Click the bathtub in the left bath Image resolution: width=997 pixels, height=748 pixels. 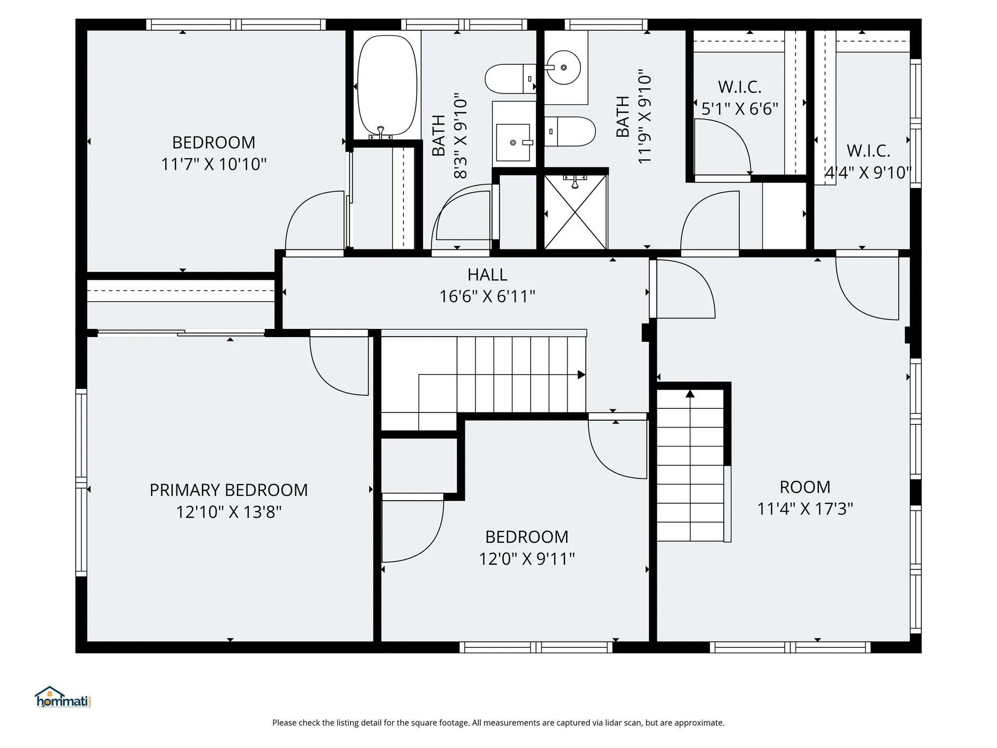387,86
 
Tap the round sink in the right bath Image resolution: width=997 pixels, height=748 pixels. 564,67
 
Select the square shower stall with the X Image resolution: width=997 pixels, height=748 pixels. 575,212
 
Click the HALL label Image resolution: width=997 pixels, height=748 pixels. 487,275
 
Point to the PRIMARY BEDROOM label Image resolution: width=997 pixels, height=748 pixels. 228,490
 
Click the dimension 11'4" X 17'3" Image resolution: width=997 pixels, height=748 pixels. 805,509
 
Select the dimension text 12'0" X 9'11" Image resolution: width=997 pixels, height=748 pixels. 527,559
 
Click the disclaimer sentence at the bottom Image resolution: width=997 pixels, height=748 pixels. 498,723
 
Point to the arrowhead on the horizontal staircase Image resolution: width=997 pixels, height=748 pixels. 582,375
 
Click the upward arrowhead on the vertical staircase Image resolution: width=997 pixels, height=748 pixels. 690,394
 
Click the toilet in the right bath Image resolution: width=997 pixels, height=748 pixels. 570,131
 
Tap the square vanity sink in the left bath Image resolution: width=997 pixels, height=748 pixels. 513,142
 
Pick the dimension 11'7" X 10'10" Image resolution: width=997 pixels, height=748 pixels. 213,164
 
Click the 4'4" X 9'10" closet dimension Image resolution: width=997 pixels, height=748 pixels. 868,172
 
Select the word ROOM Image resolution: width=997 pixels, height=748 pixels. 805,487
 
